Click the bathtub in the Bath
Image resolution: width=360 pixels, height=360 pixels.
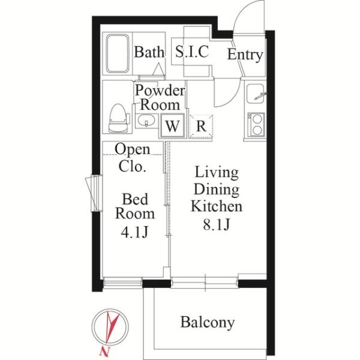(118, 53)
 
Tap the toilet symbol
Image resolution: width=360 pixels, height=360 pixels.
(118, 118)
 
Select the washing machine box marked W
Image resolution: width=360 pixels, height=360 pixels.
(172, 126)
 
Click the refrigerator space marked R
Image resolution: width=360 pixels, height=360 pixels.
(201, 127)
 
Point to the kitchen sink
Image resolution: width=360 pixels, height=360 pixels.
(256, 94)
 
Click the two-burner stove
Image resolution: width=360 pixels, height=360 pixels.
(256, 125)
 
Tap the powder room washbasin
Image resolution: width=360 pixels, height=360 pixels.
(146, 121)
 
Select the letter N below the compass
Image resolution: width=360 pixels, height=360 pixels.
(104, 351)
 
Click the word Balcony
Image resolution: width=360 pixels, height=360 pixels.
(208, 322)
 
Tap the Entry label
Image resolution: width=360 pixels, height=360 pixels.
(245, 55)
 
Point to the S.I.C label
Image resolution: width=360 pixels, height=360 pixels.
(192, 52)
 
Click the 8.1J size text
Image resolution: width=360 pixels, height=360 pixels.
(216, 224)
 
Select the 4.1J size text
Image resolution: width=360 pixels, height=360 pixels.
(134, 232)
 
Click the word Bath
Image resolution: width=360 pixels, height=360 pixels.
(149, 52)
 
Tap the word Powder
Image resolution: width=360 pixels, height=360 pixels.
(160, 91)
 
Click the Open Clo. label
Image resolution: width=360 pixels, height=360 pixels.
(133, 158)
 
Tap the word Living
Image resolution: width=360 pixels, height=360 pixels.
(217, 172)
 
